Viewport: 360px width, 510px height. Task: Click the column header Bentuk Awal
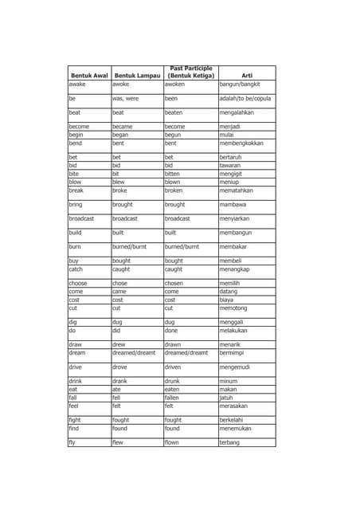(89, 76)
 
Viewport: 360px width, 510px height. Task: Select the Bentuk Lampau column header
(137, 76)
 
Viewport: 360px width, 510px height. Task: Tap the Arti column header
(247, 76)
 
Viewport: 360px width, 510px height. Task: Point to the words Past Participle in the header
(190, 69)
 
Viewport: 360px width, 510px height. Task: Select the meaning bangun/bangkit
(240, 84)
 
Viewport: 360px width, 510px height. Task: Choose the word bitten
(173, 173)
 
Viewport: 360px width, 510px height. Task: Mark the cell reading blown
(173, 182)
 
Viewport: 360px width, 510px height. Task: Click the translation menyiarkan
(238, 218)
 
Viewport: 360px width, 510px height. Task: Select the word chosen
(174, 284)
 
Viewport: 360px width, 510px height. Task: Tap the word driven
(173, 367)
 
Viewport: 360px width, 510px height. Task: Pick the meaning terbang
(229, 442)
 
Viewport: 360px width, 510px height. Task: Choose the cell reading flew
(118, 442)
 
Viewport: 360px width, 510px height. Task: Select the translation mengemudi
(238, 367)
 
